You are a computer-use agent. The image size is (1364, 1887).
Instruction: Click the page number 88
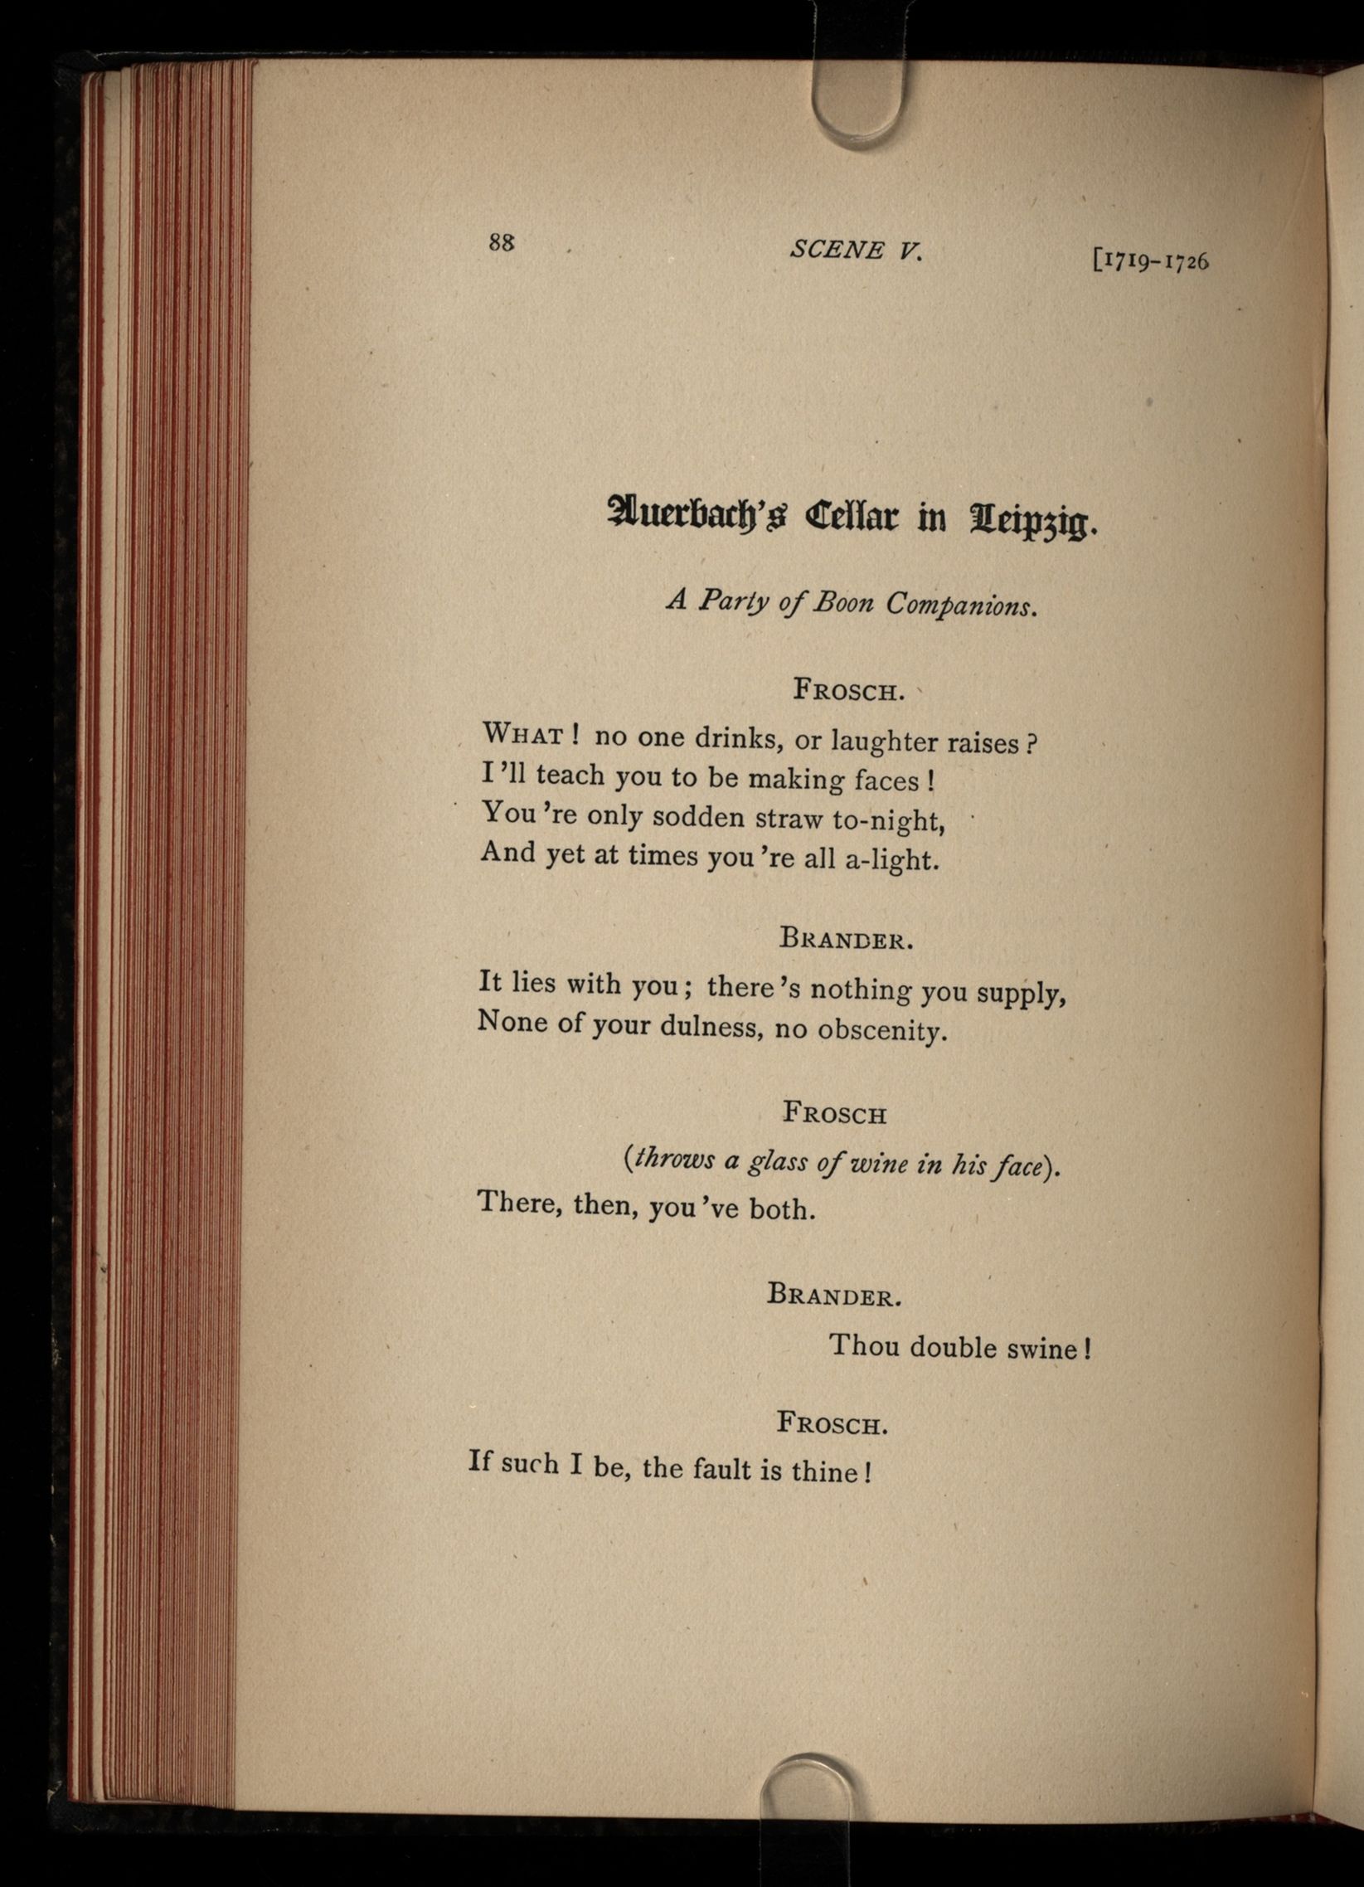502,242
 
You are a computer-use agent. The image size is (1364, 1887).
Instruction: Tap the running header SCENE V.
856,250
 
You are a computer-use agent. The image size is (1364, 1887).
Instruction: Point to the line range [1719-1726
1150,261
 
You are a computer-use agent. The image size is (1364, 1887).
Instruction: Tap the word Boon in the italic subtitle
843,602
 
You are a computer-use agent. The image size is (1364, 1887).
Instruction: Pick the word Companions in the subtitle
961,605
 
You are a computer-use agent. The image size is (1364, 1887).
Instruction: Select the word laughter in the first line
885,741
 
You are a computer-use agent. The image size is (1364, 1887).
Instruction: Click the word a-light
891,859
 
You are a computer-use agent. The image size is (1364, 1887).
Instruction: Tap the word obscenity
882,1031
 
